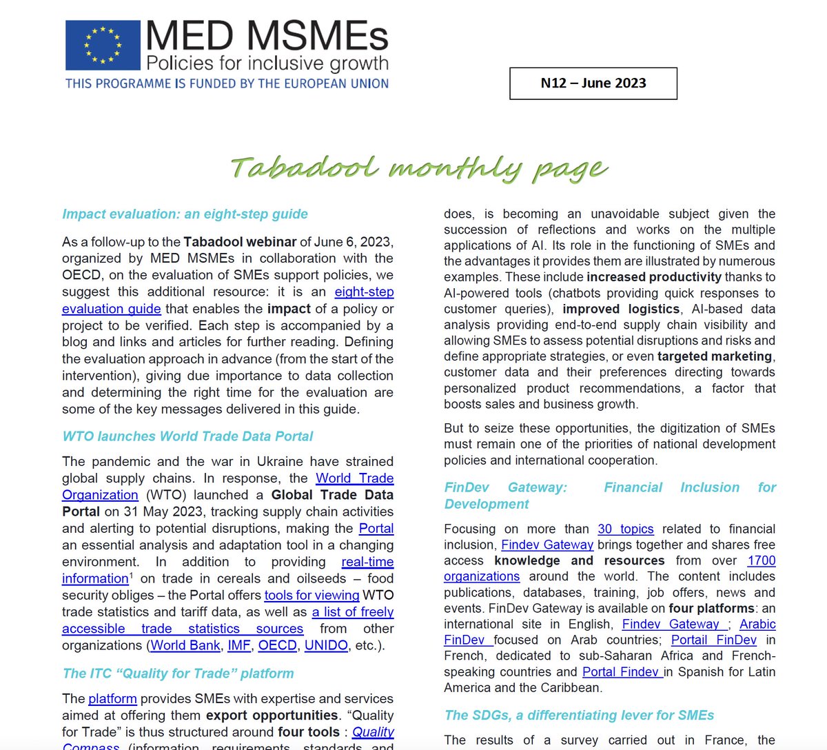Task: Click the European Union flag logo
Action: coord(103,44)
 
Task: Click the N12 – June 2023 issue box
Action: coord(593,83)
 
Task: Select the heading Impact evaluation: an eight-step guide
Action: coord(185,214)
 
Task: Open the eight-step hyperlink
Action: coord(364,292)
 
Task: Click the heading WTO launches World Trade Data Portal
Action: coord(187,436)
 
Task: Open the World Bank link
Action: coord(185,646)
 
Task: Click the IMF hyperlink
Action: coord(239,646)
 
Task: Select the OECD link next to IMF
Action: coord(277,646)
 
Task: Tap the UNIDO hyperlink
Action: coord(326,646)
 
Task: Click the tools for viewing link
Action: coord(312,595)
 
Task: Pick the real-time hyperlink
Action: coord(367,562)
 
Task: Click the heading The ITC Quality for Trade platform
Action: coord(178,673)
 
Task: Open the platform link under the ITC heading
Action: coord(112,699)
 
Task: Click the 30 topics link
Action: coord(625,529)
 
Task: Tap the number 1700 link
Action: coord(761,560)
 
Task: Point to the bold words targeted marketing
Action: coord(715,356)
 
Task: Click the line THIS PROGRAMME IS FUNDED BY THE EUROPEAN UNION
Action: coord(227,83)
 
